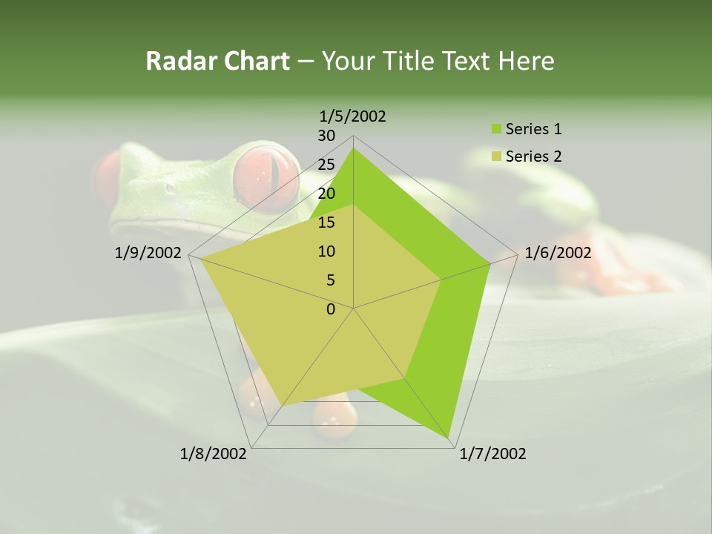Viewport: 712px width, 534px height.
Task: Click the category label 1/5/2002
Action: tap(353, 116)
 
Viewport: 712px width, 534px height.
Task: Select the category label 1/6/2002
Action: tap(558, 253)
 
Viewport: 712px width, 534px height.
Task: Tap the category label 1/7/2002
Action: tap(492, 454)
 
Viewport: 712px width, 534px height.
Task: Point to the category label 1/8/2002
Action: tap(214, 454)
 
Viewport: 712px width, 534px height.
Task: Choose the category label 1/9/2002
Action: tap(148, 253)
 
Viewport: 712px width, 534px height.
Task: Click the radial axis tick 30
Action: tap(326, 136)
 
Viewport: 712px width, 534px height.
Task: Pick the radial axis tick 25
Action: tap(326, 165)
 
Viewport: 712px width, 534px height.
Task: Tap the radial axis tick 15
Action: tap(326, 222)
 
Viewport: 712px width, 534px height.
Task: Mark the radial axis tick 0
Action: tap(331, 309)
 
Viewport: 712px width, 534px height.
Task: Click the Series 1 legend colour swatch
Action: tap(496, 130)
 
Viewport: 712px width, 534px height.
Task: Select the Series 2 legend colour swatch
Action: tap(496, 156)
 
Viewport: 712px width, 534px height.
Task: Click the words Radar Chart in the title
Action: tap(217, 61)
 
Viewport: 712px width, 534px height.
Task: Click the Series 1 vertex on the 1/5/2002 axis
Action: tap(353, 148)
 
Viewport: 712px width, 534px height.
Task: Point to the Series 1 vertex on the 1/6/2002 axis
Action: tap(490, 263)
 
